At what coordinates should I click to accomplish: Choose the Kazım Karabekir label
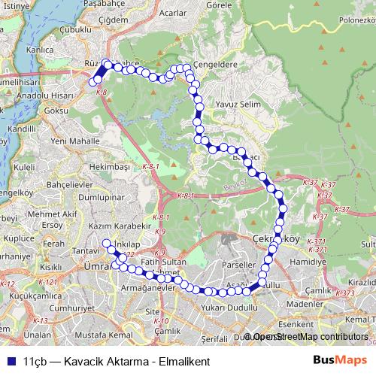tap(115, 226)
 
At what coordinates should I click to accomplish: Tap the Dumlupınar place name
tap(100, 196)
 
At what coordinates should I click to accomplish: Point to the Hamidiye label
tap(311, 262)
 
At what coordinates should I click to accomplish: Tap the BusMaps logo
tap(340, 360)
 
